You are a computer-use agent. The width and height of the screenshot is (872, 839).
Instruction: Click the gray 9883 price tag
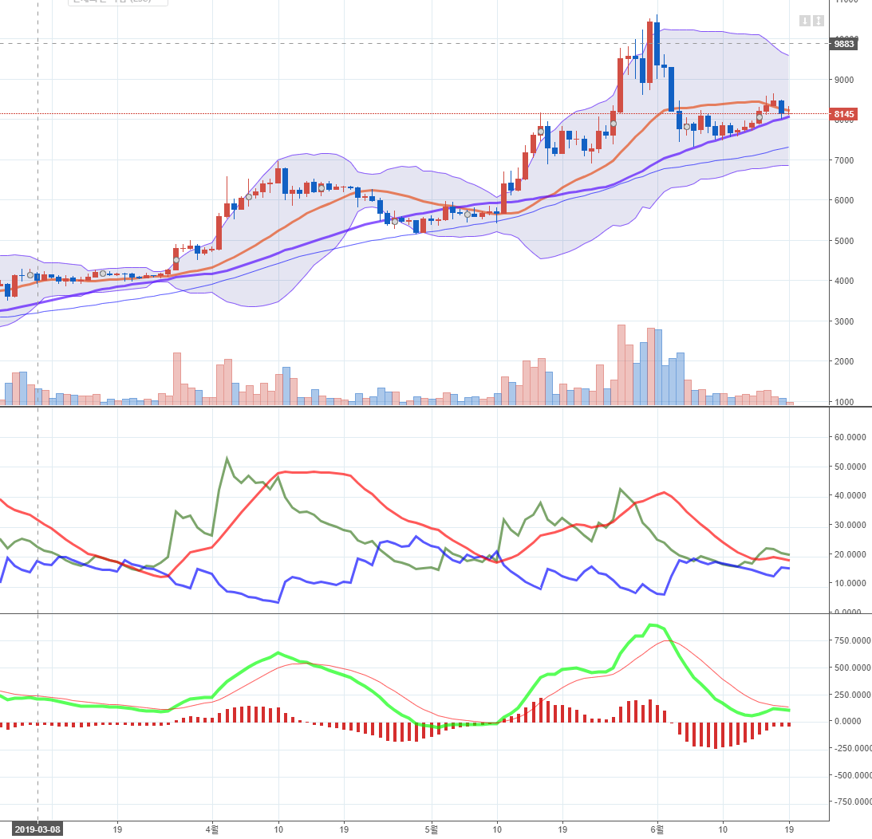[x=844, y=44]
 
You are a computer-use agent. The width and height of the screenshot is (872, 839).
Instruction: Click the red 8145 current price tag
[x=844, y=114]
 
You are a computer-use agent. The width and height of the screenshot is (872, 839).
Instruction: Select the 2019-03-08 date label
[x=37, y=829]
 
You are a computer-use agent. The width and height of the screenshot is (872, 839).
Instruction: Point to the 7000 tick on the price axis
[x=844, y=160]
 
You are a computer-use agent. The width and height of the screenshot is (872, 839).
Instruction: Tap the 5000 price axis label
[x=844, y=241]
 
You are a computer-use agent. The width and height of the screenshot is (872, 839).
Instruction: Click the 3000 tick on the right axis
[x=844, y=321]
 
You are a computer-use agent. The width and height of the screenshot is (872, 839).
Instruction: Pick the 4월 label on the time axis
[x=212, y=829]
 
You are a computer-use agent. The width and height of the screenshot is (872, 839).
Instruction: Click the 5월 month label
[x=432, y=829]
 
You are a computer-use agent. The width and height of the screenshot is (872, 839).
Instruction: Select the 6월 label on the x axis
[x=657, y=829]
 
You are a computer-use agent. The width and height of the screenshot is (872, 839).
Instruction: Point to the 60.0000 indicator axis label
[x=849, y=437]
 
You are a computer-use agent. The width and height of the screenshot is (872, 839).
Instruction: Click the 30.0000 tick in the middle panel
[x=849, y=525]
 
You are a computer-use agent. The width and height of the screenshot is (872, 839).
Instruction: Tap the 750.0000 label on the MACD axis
[x=849, y=640]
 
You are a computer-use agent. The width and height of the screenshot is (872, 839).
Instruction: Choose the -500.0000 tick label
[x=849, y=775]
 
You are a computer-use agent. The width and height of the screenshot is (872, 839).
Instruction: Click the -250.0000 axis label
[x=849, y=748]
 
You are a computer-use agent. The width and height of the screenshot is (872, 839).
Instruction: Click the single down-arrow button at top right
[x=805, y=21]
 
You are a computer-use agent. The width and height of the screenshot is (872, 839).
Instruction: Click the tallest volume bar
[x=621, y=364]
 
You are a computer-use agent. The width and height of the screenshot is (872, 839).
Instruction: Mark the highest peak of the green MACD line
[x=653, y=624]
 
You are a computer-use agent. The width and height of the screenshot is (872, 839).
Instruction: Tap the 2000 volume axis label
[x=844, y=361]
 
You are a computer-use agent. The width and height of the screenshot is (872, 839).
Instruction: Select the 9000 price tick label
[x=844, y=80]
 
